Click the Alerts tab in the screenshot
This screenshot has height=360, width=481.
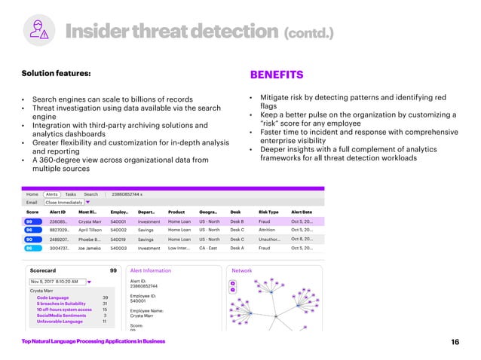pyautogui.click(x=54, y=194)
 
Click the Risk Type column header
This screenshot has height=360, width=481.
pyautogui.click(x=268, y=212)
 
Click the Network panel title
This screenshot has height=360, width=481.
pyautogui.click(x=242, y=270)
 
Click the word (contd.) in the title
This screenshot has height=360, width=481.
pyautogui.click(x=307, y=32)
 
